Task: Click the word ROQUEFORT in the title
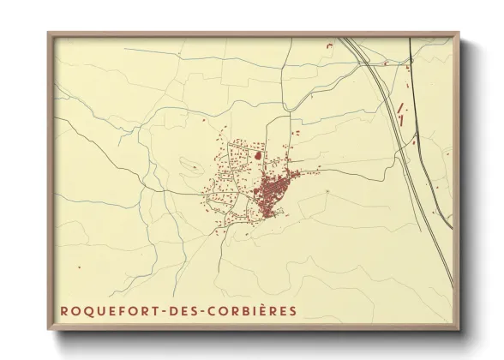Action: coord(107,310)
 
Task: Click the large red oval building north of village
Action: coord(257,156)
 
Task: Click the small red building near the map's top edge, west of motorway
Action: coord(328,44)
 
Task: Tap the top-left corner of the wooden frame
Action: coord(49,33)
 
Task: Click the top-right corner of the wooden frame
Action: coord(459,33)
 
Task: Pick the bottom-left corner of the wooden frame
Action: coord(49,331)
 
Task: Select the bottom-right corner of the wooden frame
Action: coord(459,331)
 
